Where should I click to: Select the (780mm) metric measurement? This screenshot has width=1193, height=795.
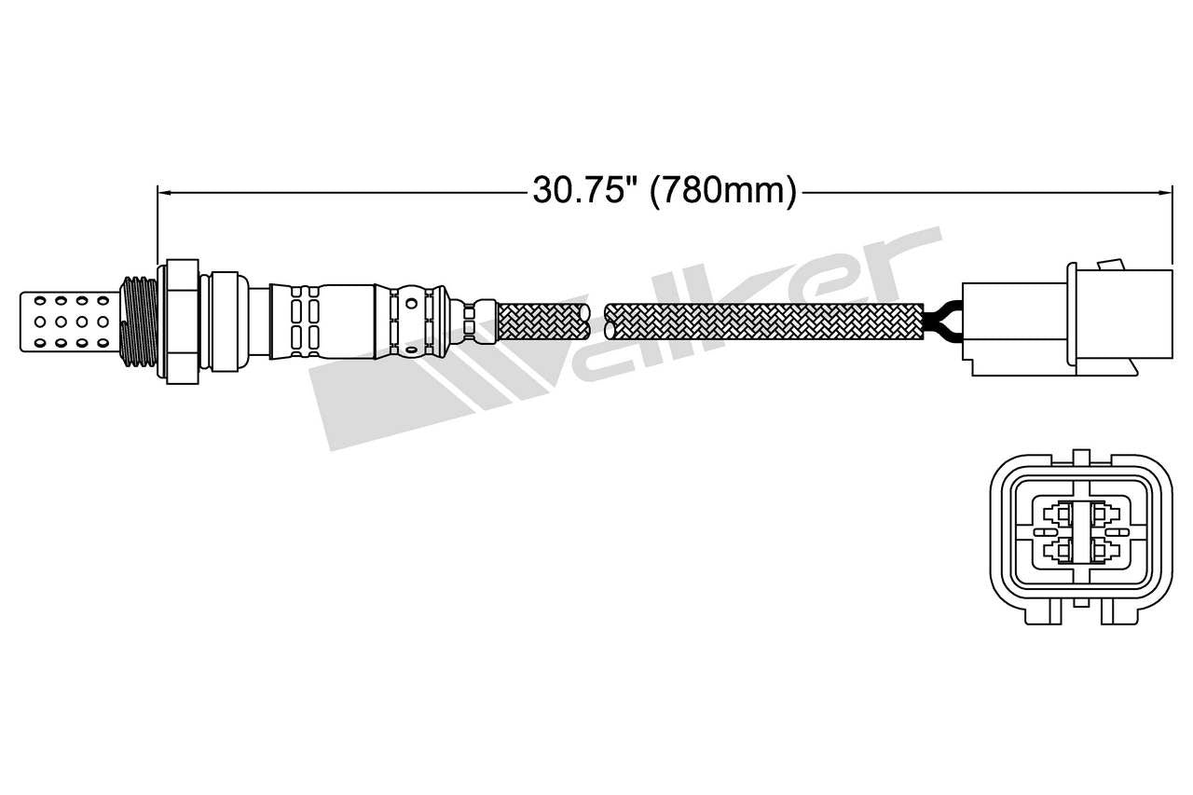[x=723, y=191]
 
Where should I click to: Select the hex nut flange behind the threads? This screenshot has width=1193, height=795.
[x=183, y=320]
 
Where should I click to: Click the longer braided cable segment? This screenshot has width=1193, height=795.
[x=764, y=320]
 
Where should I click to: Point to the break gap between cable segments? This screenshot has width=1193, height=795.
[x=597, y=320]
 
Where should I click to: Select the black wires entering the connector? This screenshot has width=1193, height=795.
[x=941, y=322]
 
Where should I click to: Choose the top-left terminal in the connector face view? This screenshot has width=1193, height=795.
[x=1059, y=514]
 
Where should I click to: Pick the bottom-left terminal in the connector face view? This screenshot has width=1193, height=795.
[x=1059, y=551]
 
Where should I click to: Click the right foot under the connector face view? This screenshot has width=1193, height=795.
[x=1119, y=610]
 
